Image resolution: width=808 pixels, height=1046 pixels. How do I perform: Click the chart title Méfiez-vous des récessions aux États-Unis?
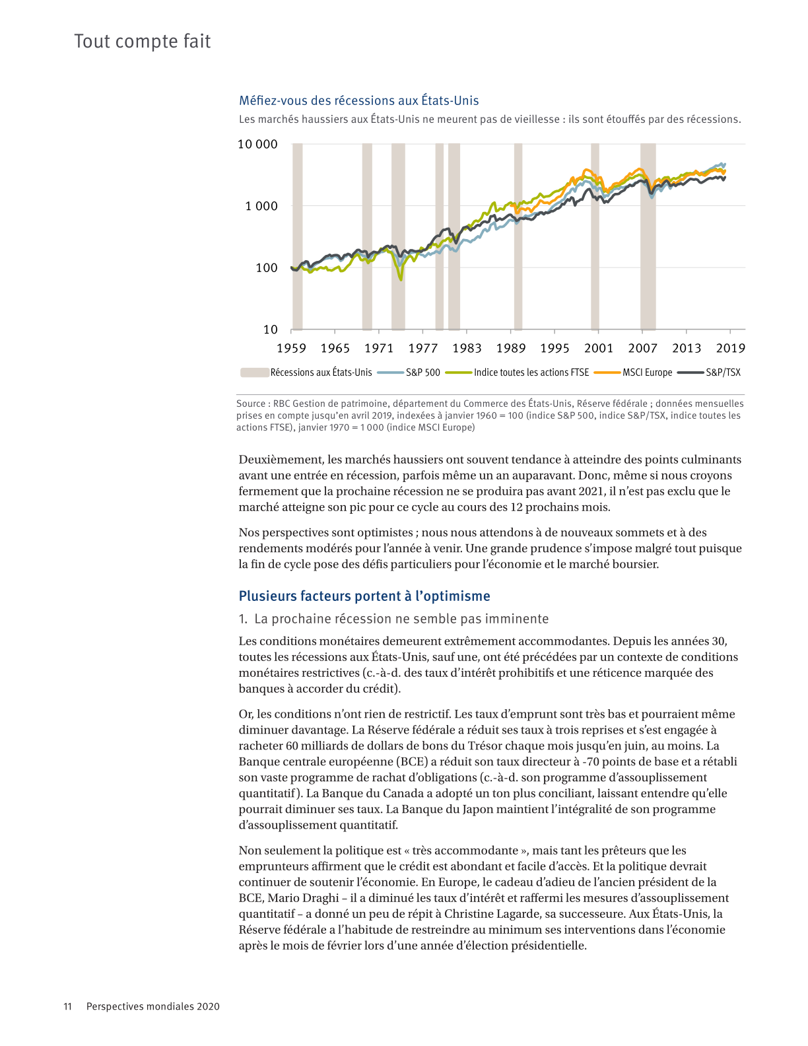pos(358,101)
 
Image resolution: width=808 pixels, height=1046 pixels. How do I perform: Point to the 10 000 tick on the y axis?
pos(257,145)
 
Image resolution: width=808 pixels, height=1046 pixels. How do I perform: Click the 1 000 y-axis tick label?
pos(261,206)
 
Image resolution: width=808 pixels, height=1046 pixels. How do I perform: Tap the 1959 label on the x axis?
pos(291,349)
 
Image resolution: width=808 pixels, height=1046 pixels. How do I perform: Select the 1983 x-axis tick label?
pos(467,349)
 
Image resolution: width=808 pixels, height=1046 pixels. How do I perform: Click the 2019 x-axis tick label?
pos(730,349)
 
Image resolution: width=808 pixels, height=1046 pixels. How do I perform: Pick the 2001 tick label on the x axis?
pos(599,349)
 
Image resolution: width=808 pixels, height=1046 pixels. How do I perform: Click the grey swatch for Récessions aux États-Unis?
pos(254,372)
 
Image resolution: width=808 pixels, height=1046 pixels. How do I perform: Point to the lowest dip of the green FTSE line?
pos(401,279)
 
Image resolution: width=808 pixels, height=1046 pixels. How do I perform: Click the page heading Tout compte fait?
pos(143,42)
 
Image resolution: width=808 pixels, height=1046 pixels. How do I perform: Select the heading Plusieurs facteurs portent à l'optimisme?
pos(364,596)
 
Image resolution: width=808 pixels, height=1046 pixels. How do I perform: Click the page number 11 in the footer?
pos(67,1006)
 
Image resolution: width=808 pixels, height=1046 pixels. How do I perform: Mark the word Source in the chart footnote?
pos(251,403)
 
